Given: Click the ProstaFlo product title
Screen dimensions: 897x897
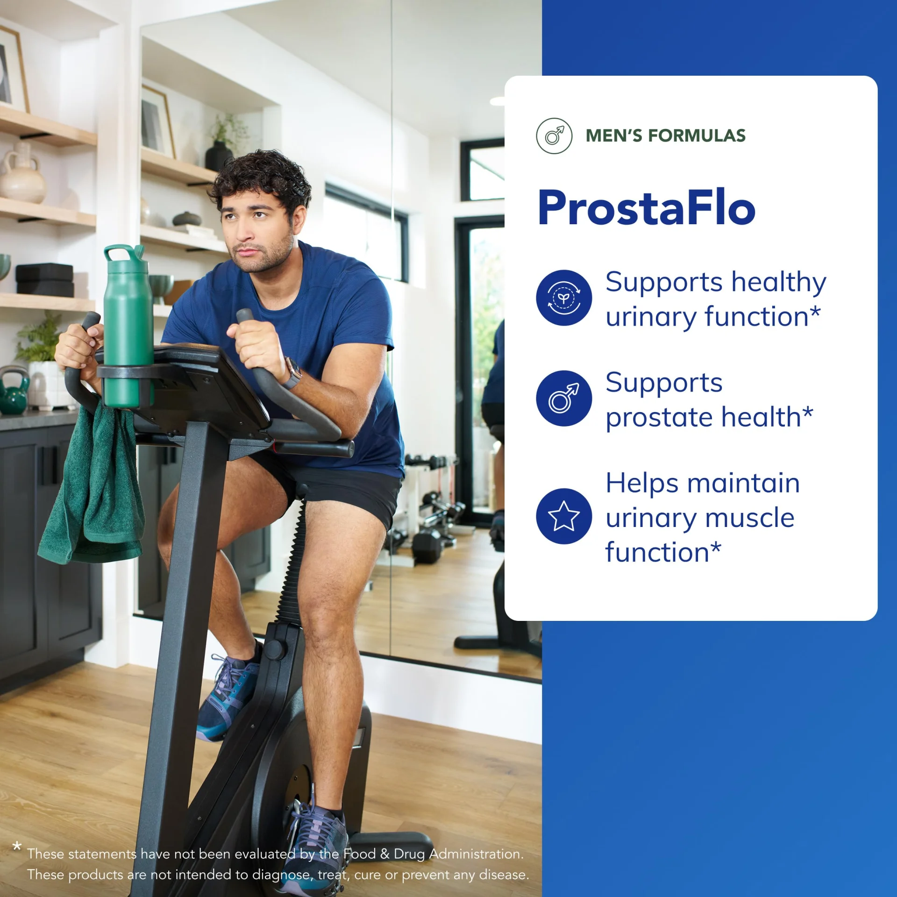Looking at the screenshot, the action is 647,207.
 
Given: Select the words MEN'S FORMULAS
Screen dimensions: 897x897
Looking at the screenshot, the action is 665,135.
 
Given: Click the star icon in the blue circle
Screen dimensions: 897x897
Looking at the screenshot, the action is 564,516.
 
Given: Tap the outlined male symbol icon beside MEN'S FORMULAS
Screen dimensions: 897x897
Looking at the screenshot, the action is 554,136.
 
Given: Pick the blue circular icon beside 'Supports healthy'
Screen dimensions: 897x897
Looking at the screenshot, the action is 564,298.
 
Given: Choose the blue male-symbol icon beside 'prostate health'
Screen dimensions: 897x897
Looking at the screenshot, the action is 564,398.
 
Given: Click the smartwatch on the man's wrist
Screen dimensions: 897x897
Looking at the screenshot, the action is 292,374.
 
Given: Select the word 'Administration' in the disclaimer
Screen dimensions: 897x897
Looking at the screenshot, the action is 477,854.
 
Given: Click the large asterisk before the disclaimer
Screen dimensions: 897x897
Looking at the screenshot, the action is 17,846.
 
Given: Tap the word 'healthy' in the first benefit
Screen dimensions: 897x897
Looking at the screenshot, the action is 779,283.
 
